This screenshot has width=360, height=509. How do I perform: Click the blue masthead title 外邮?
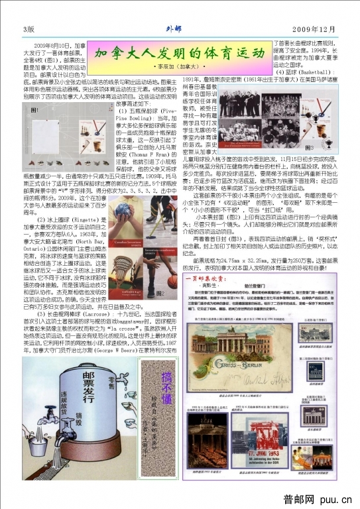click(173, 28)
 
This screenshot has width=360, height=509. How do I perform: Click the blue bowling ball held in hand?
click(122, 211)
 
